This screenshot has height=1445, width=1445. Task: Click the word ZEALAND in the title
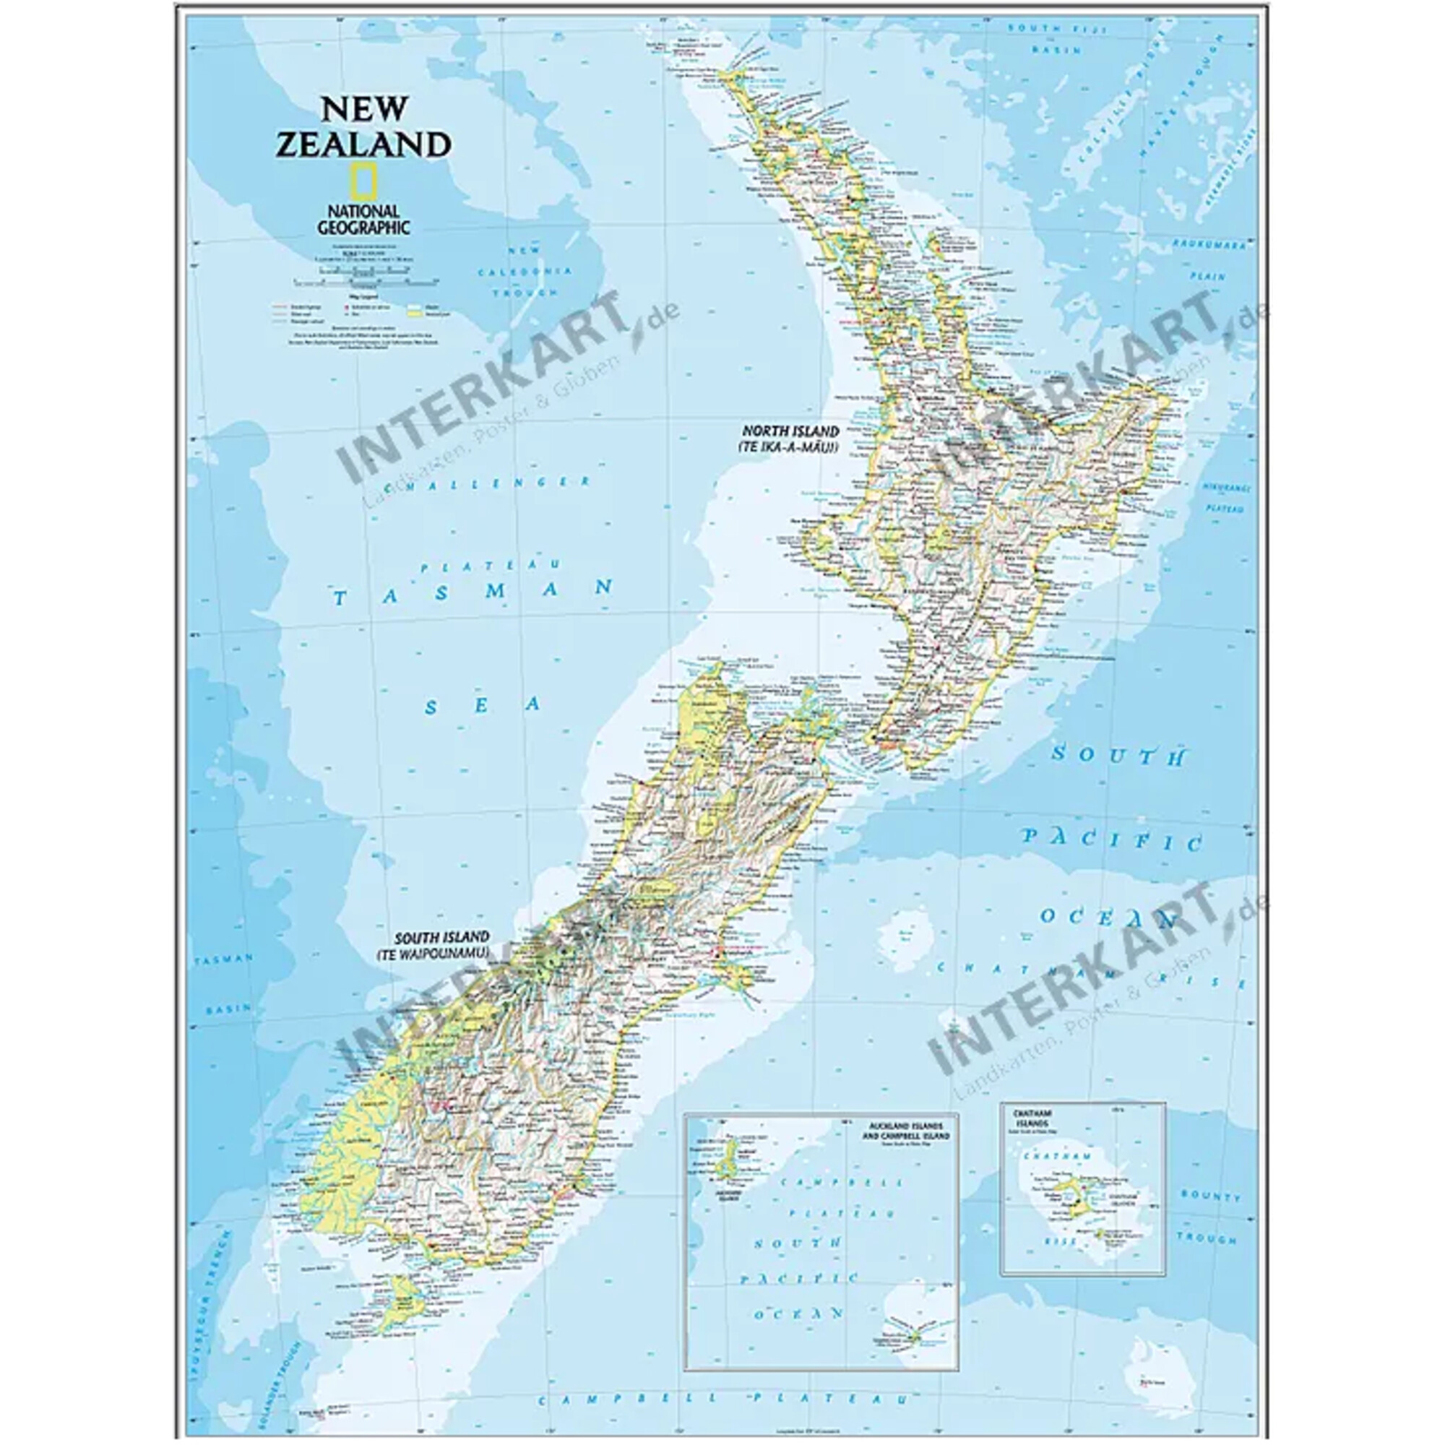[x=363, y=144]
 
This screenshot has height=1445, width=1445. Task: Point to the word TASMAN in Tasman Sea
[x=473, y=592]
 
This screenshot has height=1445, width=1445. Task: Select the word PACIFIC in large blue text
[x=1113, y=839]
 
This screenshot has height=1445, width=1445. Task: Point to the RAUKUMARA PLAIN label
[x=1209, y=259]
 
